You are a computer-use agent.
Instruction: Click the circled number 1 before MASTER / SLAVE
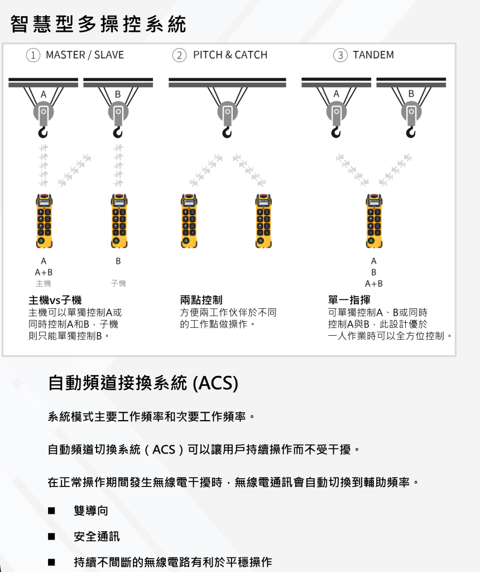point(33,55)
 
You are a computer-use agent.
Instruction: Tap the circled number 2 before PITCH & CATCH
point(179,55)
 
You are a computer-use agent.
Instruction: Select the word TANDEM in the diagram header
point(373,55)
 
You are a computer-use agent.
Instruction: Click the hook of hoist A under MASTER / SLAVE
point(43,132)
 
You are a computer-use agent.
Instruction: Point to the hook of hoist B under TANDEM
point(411,132)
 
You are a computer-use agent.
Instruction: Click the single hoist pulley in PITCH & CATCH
point(227,115)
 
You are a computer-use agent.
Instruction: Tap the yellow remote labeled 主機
point(43,221)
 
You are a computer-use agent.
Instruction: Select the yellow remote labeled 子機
point(118,221)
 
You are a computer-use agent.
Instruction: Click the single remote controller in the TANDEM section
point(373,221)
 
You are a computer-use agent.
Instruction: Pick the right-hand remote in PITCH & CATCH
point(263,221)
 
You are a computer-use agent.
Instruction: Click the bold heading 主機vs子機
point(55,301)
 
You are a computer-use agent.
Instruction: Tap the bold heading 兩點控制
point(201,301)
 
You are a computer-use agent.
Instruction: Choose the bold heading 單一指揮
point(349,301)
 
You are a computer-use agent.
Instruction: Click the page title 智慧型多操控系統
point(98,24)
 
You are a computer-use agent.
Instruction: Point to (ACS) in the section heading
point(215,384)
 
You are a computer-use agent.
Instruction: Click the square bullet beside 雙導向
point(51,511)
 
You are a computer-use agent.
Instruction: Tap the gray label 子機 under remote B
point(118,284)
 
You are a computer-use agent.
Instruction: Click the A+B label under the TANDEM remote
point(373,284)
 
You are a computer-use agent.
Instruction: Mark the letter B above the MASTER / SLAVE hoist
point(118,94)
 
